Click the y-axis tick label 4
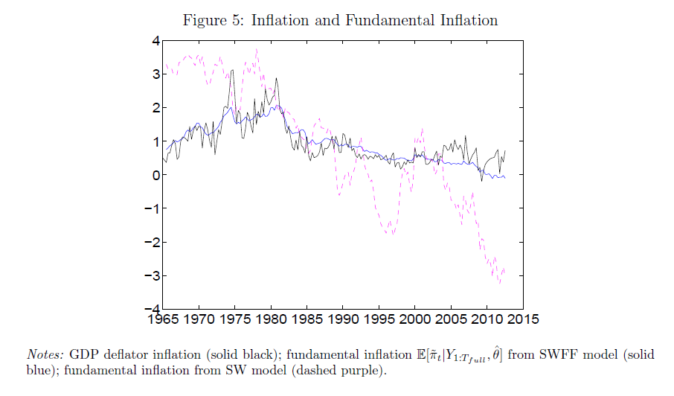tap(155, 41)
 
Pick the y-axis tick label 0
tap(155, 175)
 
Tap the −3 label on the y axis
tap(152, 275)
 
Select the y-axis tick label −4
tap(152, 309)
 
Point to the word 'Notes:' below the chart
tap(46, 354)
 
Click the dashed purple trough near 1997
tap(392, 234)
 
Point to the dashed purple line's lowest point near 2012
tap(500, 283)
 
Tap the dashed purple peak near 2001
tap(422, 128)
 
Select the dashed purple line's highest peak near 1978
tap(257, 49)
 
